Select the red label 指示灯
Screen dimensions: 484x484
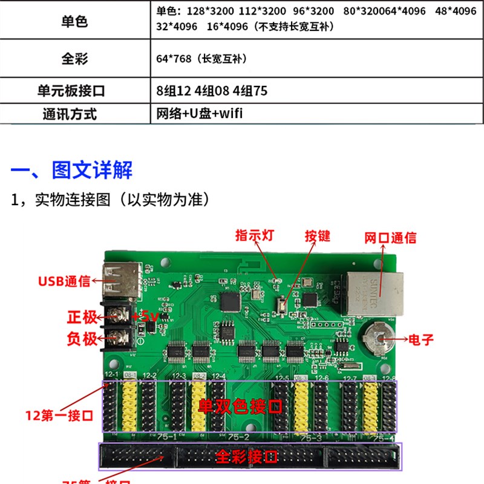tap(255, 235)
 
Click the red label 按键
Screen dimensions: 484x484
tap(318, 235)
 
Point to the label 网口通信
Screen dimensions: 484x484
tap(390, 238)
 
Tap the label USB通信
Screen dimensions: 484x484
tap(64, 281)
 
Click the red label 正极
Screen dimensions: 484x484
tap(82, 316)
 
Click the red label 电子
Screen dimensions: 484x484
tap(421, 339)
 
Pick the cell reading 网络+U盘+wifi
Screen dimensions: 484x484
tap(200, 113)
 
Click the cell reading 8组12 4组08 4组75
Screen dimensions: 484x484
tap(212, 91)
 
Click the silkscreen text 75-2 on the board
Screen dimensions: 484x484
tap(240, 437)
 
